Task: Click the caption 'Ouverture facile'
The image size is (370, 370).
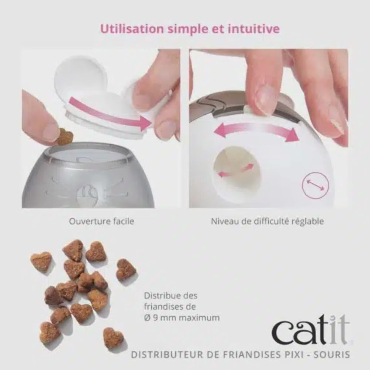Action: click(x=101, y=222)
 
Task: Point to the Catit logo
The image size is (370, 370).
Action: click(x=310, y=331)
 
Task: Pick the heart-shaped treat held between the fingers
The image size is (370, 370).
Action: click(x=65, y=137)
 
